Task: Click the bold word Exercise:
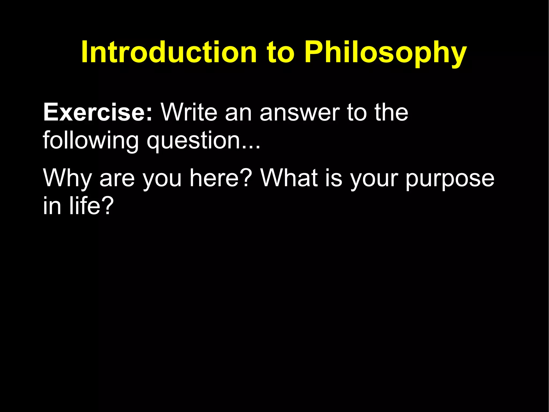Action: [x=98, y=112]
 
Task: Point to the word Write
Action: [x=189, y=112]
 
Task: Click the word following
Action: [x=91, y=141]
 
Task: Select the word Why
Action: [x=68, y=178]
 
